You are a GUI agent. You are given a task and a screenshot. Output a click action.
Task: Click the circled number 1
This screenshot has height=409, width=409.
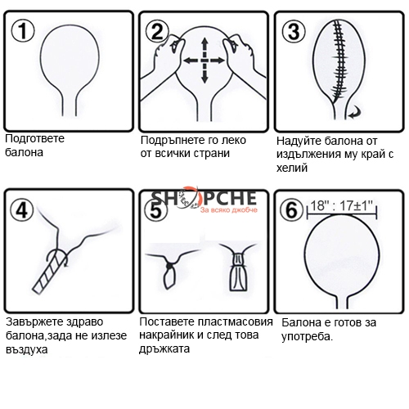pyautogui.click(x=23, y=31)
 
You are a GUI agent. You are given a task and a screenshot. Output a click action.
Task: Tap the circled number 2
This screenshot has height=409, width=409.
pyautogui.click(x=157, y=32)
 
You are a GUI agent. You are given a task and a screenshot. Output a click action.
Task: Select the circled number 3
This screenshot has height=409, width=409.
pyautogui.click(x=294, y=31)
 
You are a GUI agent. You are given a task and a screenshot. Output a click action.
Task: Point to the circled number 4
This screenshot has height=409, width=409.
pyautogui.click(x=22, y=210)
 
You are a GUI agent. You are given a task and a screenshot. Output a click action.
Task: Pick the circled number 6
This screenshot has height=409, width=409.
pyautogui.click(x=292, y=210)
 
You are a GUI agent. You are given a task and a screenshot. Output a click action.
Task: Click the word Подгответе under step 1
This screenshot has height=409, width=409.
pyautogui.click(x=35, y=139)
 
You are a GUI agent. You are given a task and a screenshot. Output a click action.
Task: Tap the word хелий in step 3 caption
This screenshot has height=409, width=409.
pyautogui.click(x=292, y=168)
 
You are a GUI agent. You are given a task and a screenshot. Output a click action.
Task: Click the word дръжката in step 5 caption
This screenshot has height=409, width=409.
pyautogui.click(x=164, y=348)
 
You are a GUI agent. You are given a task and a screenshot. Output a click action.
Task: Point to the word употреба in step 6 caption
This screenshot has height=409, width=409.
pyautogui.click(x=307, y=337)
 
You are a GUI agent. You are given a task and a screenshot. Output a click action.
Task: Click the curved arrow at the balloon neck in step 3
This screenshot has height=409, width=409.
pyautogui.click(x=354, y=113)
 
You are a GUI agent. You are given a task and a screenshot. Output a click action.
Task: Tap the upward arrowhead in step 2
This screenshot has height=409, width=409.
pyautogui.click(x=204, y=43)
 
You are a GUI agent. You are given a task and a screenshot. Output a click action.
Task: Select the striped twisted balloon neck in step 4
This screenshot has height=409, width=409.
pyautogui.click(x=51, y=272)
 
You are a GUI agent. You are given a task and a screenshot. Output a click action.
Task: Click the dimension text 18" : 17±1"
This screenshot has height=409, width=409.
pyautogui.click(x=342, y=205)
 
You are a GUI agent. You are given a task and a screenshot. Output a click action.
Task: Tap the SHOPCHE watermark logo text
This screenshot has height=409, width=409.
pyautogui.click(x=204, y=197)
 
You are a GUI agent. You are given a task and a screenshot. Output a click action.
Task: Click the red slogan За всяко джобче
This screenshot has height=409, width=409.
pyautogui.click(x=229, y=210)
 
